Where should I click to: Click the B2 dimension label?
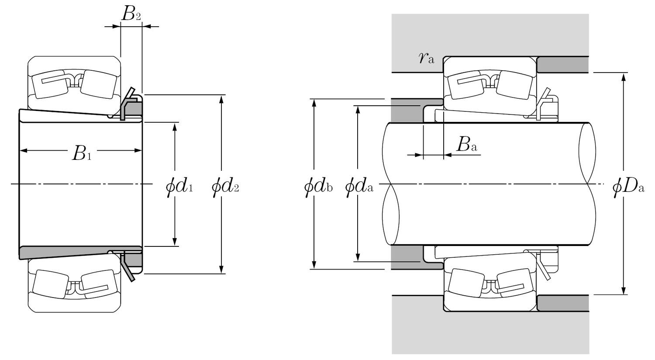[131, 14]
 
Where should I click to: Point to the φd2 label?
[225, 187]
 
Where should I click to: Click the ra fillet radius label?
[426, 58]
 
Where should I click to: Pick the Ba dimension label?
[466, 145]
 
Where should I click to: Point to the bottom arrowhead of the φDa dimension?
[624, 291]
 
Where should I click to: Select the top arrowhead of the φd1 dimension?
[175, 127]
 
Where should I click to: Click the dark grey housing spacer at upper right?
[562, 65]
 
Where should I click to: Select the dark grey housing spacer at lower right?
[562, 303]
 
